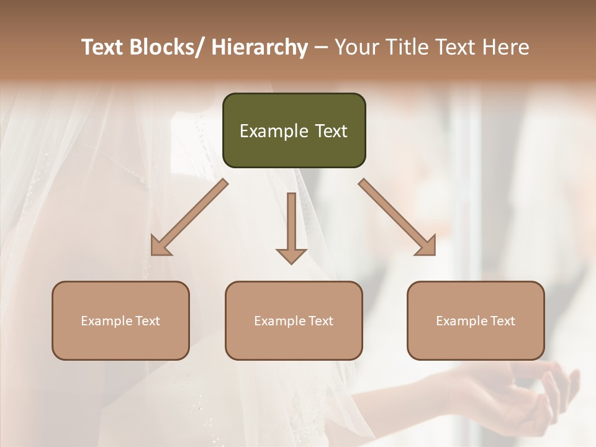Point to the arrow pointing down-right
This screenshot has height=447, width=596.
[397, 217]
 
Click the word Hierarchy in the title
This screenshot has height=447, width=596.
[260, 47]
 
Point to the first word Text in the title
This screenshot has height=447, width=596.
[104, 47]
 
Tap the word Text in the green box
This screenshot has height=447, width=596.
[331, 131]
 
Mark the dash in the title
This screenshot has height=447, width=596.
[321, 48]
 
